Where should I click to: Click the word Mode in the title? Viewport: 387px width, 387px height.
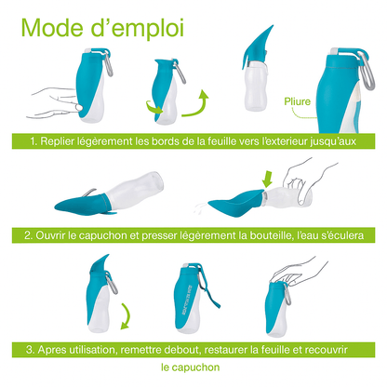point(52,28)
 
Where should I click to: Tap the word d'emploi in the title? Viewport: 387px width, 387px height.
point(138,30)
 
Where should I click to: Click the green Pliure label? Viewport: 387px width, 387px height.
point(297,101)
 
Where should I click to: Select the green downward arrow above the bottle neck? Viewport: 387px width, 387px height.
point(267,179)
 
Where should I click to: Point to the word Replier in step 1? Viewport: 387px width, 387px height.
point(56,141)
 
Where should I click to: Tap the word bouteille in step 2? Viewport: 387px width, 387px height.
point(271,235)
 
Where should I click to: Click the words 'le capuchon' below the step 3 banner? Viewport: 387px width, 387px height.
point(191,367)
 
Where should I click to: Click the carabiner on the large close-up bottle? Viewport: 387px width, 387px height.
point(366,71)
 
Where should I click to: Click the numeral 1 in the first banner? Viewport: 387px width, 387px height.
point(33,141)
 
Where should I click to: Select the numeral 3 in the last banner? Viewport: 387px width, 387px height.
point(30,350)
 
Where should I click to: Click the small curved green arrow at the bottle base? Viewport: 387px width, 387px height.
point(154,107)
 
